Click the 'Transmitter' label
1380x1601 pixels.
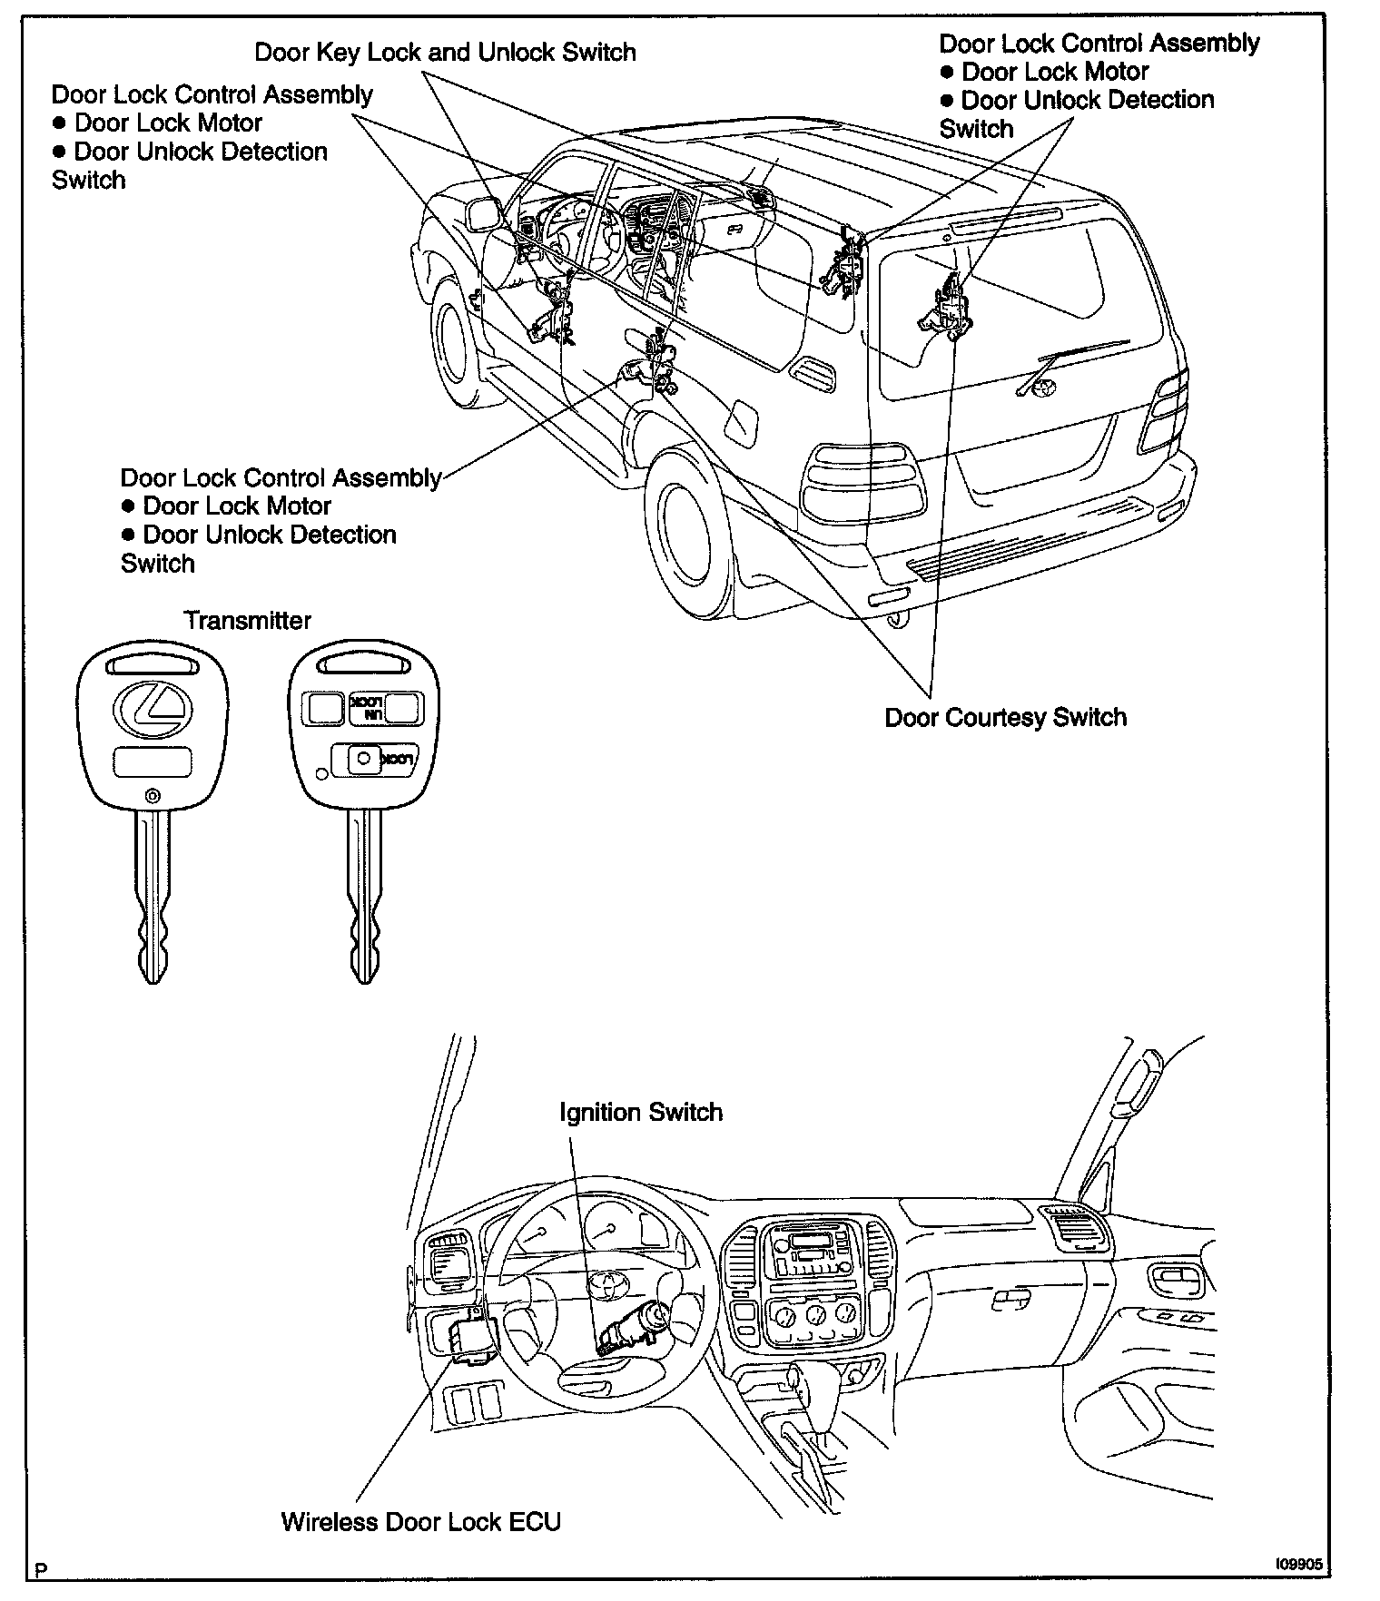point(247,621)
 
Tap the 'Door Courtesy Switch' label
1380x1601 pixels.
point(1005,717)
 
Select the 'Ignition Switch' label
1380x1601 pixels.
point(641,1112)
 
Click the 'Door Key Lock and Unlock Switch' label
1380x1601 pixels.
point(445,52)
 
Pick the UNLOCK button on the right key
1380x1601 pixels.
point(367,708)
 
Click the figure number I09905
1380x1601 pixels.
point(1297,1565)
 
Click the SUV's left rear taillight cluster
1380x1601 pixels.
point(863,478)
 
